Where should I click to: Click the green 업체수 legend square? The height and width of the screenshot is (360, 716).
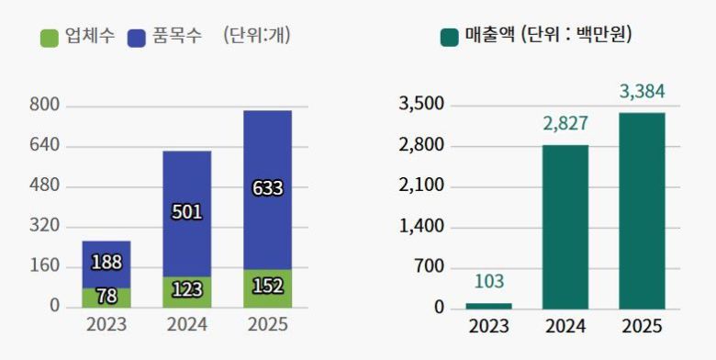click(50, 38)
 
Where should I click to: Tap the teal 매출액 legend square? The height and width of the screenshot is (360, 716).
click(450, 37)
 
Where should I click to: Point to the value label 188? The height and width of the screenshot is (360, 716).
click(106, 263)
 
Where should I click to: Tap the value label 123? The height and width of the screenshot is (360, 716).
click(186, 290)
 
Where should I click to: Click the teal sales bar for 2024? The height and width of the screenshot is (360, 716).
click(565, 226)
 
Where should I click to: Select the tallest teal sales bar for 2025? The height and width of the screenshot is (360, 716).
click(642, 210)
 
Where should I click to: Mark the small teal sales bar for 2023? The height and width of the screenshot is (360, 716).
click(488, 305)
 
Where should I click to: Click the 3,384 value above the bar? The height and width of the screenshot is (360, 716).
click(642, 91)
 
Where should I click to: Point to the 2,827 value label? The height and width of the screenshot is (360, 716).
click(565, 124)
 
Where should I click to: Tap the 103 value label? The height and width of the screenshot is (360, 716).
click(488, 282)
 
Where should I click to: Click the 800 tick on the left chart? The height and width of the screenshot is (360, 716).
click(44, 106)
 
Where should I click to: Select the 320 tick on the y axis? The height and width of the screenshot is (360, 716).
click(44, 226)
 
